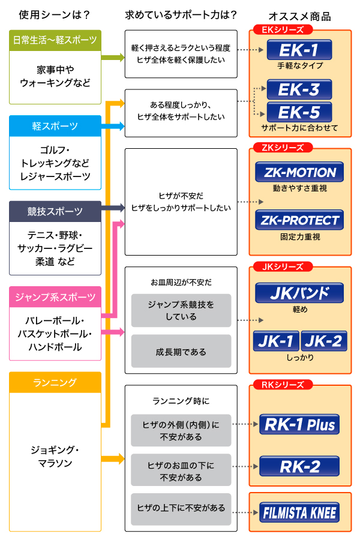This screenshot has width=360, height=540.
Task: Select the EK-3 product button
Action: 299,90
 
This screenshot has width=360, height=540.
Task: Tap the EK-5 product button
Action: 299,112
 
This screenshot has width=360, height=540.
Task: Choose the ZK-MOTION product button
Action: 299,172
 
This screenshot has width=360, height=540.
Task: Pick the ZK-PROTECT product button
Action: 299,220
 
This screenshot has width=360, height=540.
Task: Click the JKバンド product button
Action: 299,293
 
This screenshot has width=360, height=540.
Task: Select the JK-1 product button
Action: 276,341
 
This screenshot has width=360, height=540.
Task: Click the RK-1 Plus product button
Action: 299,425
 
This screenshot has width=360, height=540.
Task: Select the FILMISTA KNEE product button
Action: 299,513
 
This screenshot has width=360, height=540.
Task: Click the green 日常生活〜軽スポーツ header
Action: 55,40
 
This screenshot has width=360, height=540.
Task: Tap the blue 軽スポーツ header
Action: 55,126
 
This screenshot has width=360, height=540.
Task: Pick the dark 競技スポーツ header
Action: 55,211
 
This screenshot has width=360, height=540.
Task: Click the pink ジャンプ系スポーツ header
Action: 55,297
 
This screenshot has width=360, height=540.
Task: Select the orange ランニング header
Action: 55,382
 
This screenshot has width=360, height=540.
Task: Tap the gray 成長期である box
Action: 181,352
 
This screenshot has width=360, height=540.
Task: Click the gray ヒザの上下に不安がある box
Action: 181,508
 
